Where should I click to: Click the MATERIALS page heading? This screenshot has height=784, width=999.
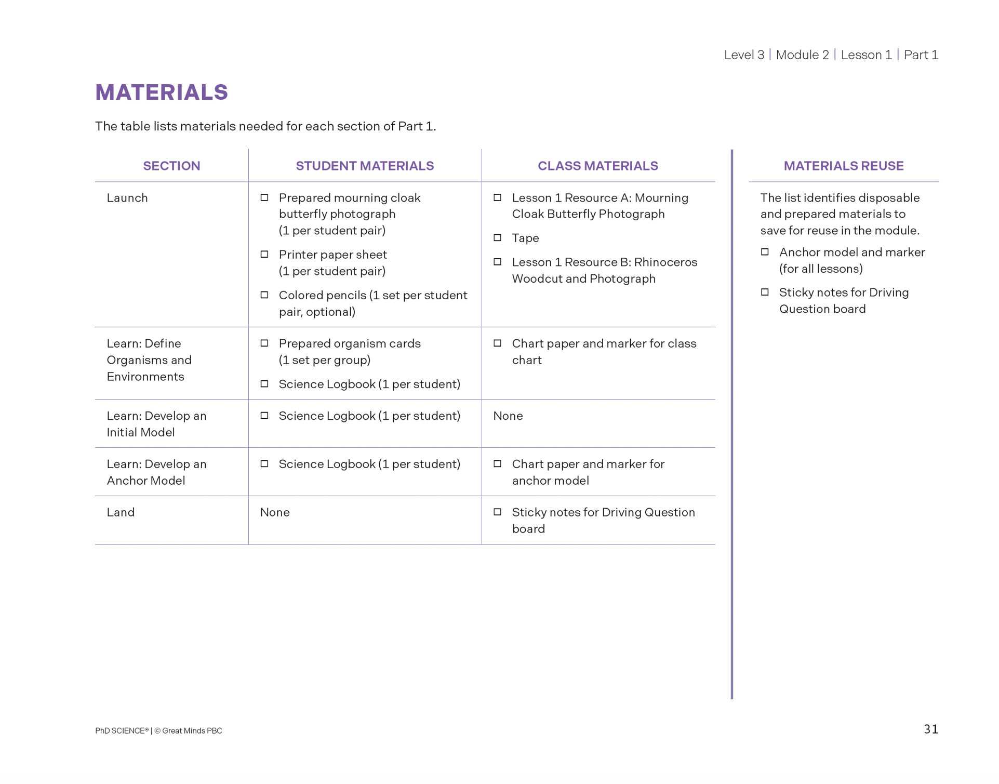tap(162, 92)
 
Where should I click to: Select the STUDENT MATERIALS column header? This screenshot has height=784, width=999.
tap(365, 166)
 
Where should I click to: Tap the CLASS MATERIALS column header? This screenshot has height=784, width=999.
tap(597, 166)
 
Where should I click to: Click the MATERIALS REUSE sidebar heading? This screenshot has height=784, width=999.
tap(843, 166)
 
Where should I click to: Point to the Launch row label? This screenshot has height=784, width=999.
tap(127, 198)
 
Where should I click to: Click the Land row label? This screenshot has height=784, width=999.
tap(121, 512)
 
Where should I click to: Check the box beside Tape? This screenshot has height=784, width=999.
tap(497, 238)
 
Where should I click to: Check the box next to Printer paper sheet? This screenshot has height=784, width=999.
tap(264, 255)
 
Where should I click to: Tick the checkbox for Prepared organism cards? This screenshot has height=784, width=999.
tap(264, 343)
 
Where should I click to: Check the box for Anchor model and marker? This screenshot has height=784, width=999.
tap(765, 252)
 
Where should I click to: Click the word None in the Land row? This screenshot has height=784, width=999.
tap(275, 512)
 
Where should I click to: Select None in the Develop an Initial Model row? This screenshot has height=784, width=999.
tap(508, 416)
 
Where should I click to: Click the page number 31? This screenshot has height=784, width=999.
tap(930, 729)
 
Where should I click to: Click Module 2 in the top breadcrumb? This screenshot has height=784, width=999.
tap(802, 55)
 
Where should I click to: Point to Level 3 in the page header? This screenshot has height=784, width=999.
tap(744, 55)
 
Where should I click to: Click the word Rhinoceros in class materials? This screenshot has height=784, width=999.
tap(665, 262)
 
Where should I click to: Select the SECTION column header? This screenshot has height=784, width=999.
tap(171, 166)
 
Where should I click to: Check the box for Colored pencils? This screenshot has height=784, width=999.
tap(264, 295)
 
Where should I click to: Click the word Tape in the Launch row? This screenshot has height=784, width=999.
tap(525, 238)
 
